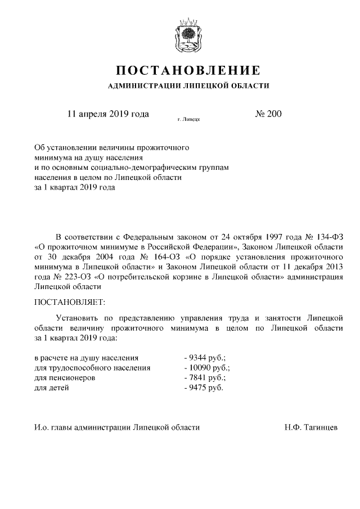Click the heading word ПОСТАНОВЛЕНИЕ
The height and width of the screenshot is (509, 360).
point(188,71)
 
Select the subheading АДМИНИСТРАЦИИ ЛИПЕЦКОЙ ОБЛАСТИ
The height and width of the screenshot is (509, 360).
point(188,86)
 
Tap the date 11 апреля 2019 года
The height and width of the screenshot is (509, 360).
point(108,114)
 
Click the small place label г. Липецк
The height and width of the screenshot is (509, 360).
point(188,120)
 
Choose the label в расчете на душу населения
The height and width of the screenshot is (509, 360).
point(87,357)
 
